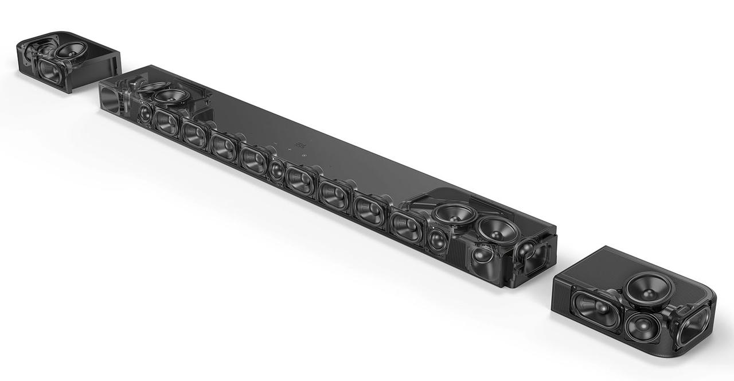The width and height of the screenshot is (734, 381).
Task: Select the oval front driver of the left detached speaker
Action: pos(50,70)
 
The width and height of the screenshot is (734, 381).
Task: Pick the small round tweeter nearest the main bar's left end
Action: pos(145,112)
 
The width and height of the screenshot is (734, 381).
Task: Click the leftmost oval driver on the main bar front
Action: pos(166,122)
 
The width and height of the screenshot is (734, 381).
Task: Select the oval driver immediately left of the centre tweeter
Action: pos(253,160)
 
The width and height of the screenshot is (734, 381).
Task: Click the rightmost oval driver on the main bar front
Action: pos(407,225)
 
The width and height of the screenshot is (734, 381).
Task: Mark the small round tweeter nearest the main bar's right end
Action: pos(437,239)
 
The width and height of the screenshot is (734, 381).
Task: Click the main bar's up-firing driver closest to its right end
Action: pos(497,228)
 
